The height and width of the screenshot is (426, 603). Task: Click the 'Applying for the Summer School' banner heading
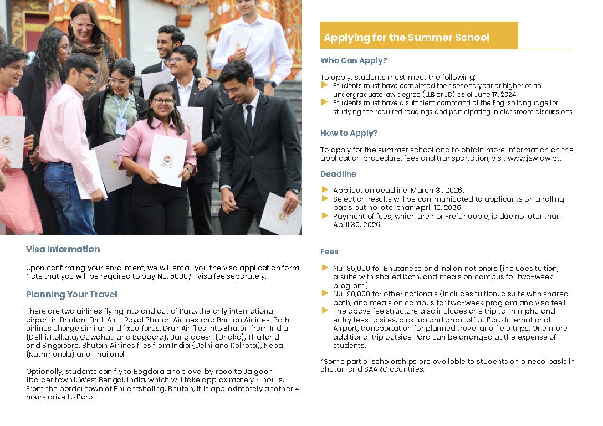(x=406, y=38)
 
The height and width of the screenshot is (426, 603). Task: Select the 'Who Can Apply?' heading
(x=354, y=60)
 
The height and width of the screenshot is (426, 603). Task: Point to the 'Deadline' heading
(x=338, y=174)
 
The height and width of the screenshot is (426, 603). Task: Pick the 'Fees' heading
(x=329, y=252)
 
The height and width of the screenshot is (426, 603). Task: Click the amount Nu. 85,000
(x=351, y=268)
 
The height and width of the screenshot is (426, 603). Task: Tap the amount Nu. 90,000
(x=351, y=294)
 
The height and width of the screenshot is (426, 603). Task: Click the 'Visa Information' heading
(x=63, y=249)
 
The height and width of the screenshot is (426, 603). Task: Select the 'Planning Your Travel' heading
(x=71, y=295)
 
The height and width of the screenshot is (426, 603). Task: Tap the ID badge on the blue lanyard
(x=121, y=126)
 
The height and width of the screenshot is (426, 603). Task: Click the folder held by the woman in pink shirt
(x=167, y=160)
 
